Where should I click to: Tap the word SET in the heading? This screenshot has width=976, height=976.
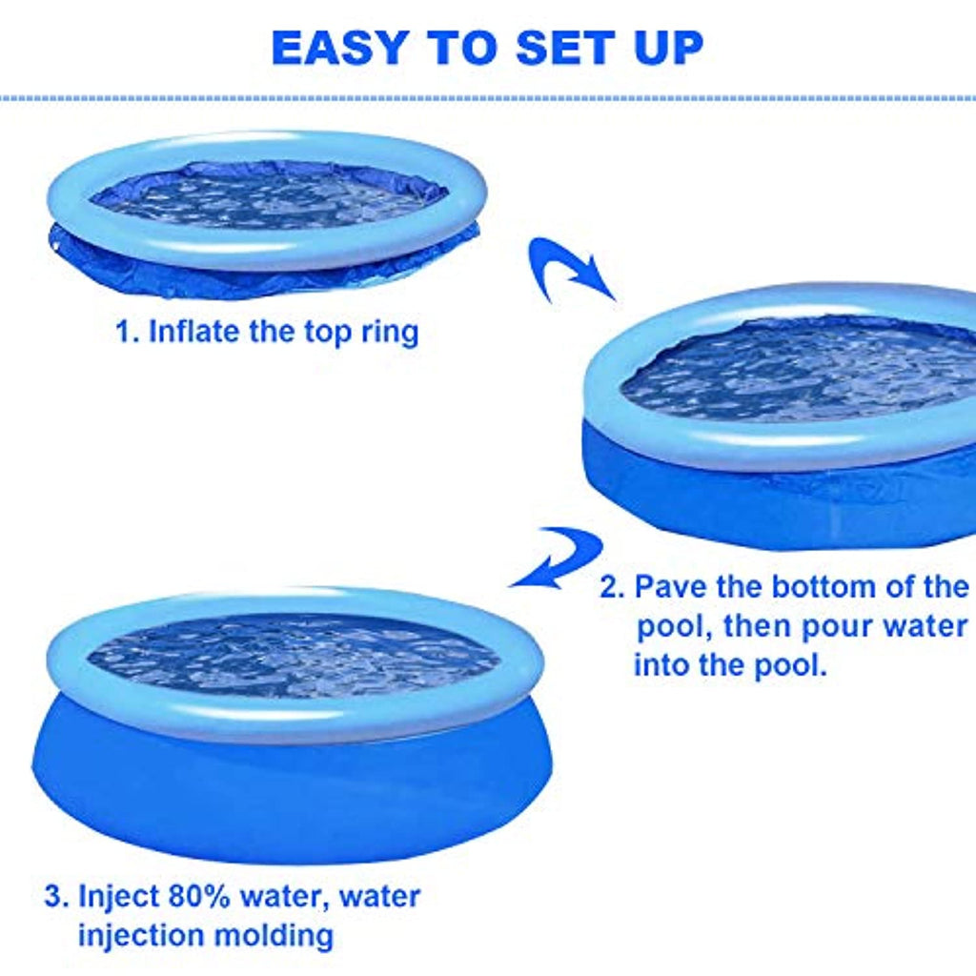pyautogui.click(x=564, y=48)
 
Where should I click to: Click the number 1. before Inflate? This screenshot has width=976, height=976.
pyautogui.click(x=128, y=331)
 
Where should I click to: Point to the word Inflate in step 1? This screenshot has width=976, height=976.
pyautogui.click(x=194, y=331)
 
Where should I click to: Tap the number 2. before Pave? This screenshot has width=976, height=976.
pyautogui.click(x=612, y=586)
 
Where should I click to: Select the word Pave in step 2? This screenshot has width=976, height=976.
pyautogui.click(x=670, y=586)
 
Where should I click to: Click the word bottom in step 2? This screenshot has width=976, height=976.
pyautogui.click(x=823, y=586)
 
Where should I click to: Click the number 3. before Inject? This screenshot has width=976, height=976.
pyautogui.click(x=56, y=896)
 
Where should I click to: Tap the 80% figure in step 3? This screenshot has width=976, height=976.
pyautogui.click(x=199, y=896)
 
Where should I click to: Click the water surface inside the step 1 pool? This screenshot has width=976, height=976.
pyautogui.click(x=269, y=198)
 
